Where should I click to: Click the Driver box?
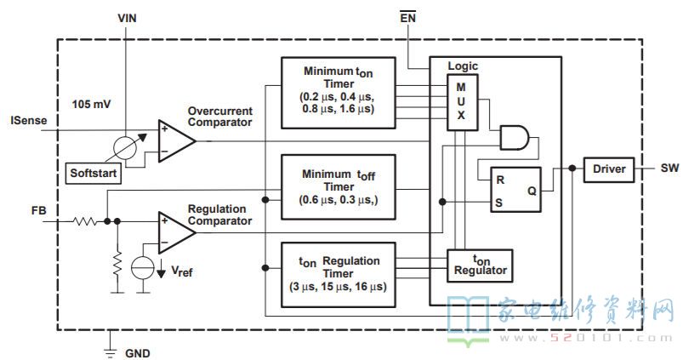(x=608, y=169)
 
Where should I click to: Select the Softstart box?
(x=95, y=174)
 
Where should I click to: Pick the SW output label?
(x=669, y=169)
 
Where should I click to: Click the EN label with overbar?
(x=409, y=16)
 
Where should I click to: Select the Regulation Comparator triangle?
(x=175, y=231)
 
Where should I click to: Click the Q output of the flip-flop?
(x=532, y=191)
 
